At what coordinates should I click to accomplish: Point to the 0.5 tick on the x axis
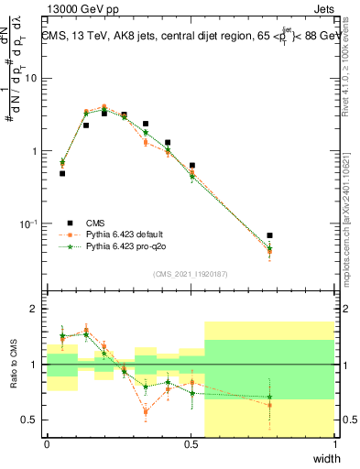point(191,444)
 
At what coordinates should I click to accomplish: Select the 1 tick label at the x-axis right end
point(334,444)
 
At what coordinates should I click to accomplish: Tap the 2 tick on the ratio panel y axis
point(34,309)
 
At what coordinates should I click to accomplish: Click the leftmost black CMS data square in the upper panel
point(62,173)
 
